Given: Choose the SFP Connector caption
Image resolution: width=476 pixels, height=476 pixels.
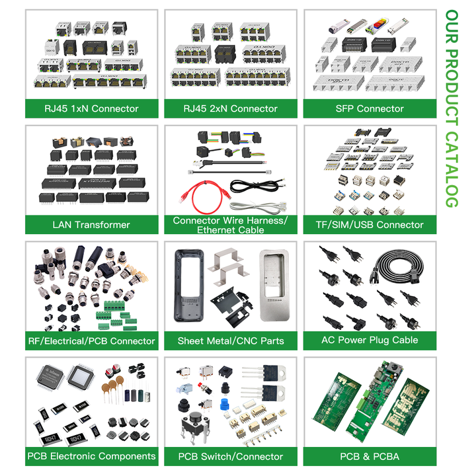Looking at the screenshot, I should point(370,108).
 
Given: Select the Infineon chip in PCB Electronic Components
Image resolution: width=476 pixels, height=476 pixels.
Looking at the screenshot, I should point(48,379).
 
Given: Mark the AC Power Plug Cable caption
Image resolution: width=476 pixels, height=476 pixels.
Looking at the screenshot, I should point(370,340).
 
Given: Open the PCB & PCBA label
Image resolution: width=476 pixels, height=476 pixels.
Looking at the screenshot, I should point(370,456).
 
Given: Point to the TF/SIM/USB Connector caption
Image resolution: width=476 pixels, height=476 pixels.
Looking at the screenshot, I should point(370,225).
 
